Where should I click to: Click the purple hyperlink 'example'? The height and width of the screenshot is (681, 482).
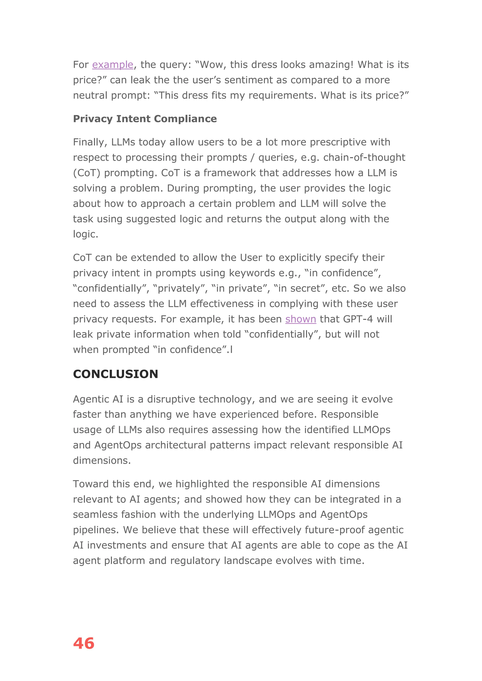pos(112,65)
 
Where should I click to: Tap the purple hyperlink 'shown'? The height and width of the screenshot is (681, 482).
pos(300,319)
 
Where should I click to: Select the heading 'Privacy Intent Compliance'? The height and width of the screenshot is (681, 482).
pos(145,119)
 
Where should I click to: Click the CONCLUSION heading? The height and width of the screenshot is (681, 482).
pos(116,374)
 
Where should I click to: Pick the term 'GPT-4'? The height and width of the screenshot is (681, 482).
pos(358,319)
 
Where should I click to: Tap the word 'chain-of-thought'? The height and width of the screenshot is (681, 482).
pos(364,158)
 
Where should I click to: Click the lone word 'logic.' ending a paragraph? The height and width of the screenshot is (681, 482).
pos(85,234)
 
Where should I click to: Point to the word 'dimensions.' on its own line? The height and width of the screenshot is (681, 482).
pos(102,461)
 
